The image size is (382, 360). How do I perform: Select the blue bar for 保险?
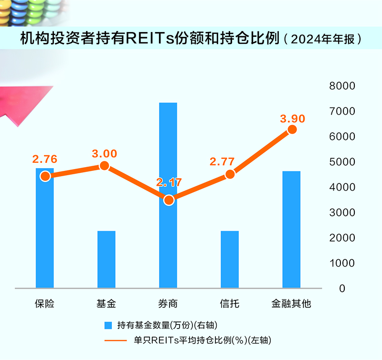[45, 234]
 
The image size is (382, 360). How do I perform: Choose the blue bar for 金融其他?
[291, 229]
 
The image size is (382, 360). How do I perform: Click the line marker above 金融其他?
[292, 129]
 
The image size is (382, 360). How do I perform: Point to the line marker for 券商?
[168, 200]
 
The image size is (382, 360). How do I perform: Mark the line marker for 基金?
[105, 166]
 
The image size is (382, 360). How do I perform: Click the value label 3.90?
[292, 118]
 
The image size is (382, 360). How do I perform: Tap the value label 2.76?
[44, 159]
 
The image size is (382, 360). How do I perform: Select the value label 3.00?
[104, 153]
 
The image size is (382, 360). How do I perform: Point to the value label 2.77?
[222, 162]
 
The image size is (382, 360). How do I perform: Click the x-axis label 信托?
[230, 303]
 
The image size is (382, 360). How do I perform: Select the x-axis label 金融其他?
[291, 303]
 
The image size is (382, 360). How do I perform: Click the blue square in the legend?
[108, 325]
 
